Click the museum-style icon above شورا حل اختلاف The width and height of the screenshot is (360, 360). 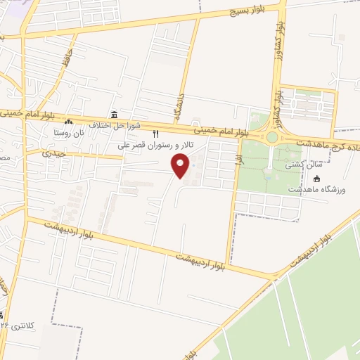coord(113,115)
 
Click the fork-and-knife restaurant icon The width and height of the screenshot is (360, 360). coord(156,134)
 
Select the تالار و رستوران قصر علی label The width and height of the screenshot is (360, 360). coord(150,146)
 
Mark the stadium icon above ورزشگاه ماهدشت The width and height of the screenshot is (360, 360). coord(316,179)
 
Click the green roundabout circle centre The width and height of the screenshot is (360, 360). coord(271,137)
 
